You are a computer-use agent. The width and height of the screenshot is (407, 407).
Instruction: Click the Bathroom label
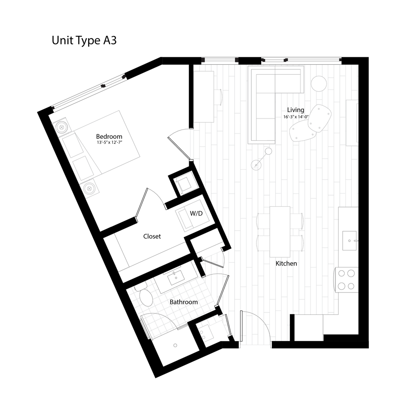point(184,302)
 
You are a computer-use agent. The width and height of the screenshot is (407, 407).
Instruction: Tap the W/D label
point(196,214)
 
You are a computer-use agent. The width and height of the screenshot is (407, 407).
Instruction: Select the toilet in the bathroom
point(145,297)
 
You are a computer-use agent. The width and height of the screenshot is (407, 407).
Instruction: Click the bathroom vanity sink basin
point(175,279)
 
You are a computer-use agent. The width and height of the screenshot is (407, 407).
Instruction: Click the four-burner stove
point(346,280)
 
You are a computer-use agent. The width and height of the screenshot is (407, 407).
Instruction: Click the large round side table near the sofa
point(318,83)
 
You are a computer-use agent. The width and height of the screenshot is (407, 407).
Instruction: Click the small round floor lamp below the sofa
point(269,151)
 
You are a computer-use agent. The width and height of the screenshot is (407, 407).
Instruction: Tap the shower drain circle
point(175,345)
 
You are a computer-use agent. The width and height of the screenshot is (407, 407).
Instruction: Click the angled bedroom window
point(90,92)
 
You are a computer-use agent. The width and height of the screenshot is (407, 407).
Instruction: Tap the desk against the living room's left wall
point(204,97)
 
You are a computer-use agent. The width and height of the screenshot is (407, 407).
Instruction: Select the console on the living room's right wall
point(352,123)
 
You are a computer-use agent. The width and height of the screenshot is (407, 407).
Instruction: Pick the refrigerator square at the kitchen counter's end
point(309,328)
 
